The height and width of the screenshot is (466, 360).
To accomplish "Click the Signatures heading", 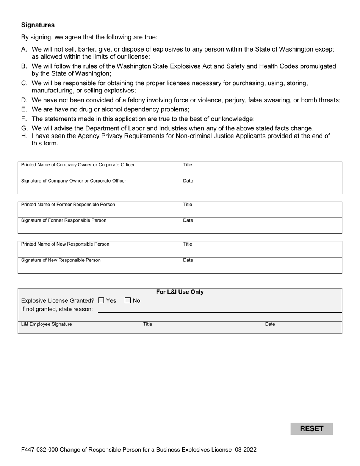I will (x=38, y=25).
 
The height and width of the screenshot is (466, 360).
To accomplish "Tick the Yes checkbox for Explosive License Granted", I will (x=101, y=301).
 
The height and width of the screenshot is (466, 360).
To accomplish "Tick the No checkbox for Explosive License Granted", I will (x=128, y=301).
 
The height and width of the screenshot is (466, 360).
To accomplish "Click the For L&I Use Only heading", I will (x=180, y=292).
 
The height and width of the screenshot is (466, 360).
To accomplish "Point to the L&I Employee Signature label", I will (x=47, y=324).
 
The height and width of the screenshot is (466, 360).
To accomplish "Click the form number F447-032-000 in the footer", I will (x=39, y=450).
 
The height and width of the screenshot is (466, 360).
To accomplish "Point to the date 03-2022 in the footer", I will (x=245, y=450).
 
